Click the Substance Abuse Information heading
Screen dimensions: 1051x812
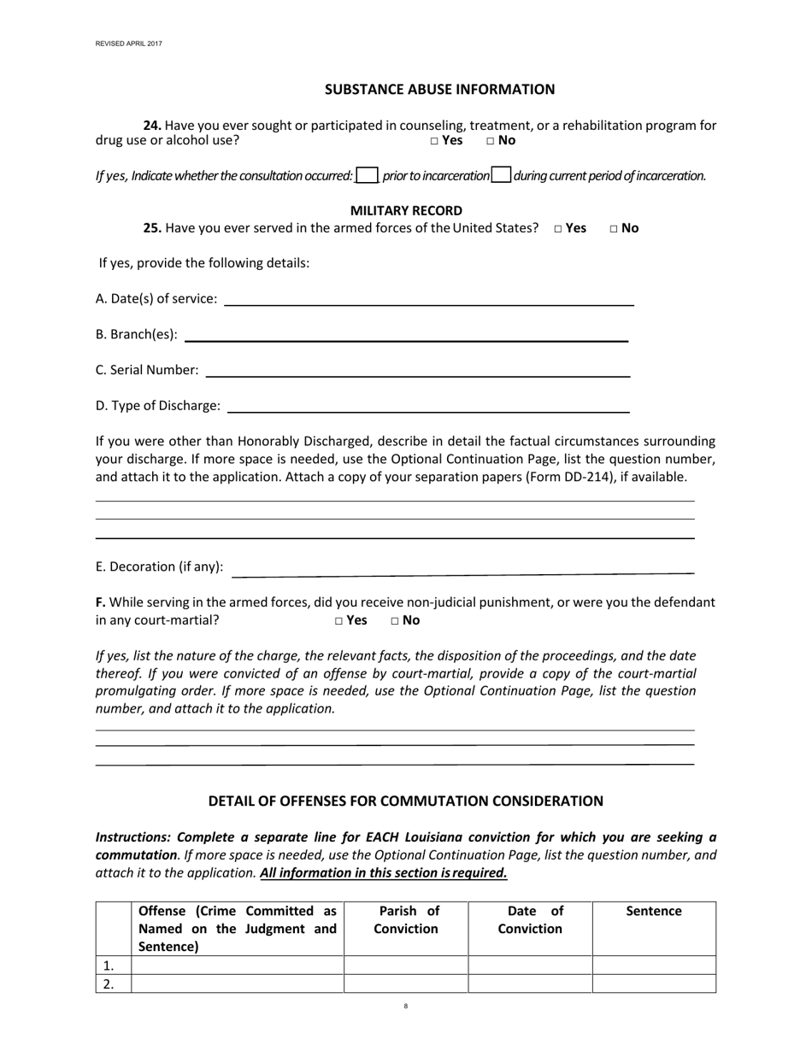[x=439, y=89]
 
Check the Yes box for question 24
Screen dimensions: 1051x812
[x=434, y=141]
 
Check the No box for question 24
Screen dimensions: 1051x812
[x=491, y=141]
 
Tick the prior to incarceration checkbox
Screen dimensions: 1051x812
[x=367, y=175]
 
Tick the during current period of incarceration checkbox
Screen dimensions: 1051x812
[x=502, y=175]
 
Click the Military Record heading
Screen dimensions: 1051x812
[x=406, y=210]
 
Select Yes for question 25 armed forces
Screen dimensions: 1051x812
[x=558, y=229]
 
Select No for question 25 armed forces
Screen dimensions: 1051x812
[x=615, y=229]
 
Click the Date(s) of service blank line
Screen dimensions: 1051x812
[x=428, y=301]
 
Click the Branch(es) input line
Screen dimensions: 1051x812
[x=406, y=338]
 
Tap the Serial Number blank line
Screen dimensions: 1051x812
[x=418, y=373]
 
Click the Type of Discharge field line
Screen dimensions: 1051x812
[x=428, y=408]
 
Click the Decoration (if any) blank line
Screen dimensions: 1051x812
[x=462, y=568]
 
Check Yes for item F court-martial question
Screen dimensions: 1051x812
[x=339, y=621]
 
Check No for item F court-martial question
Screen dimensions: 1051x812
[x=395, y=621]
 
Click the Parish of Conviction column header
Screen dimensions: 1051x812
[x=406, y=920]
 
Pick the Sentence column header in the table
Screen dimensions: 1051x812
[x=654, y=912]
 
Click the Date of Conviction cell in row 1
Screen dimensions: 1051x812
[x=530, y=966]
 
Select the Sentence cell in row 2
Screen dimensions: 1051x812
[x=654, y=983]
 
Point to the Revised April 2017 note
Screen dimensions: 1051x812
[x=128, y=43]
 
